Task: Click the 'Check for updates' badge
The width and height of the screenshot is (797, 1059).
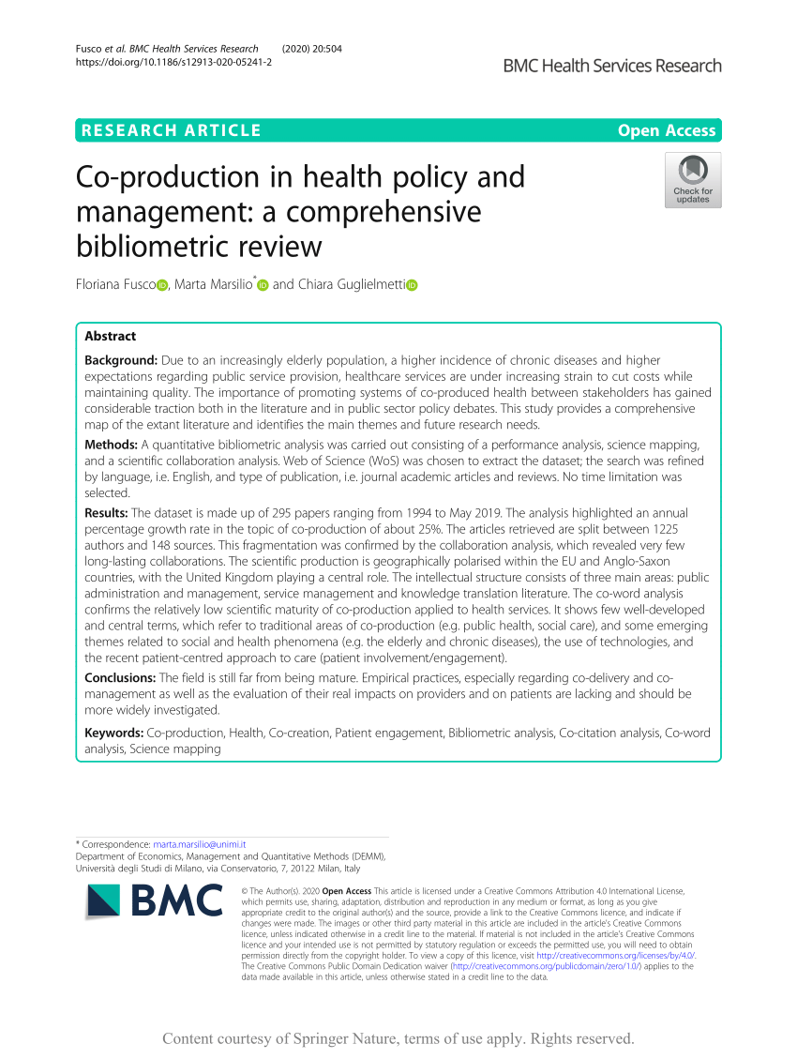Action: pos(693,180)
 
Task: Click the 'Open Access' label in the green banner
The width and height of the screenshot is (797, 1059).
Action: pos(667,130)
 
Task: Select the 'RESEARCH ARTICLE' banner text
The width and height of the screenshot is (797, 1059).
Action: pos(171,130)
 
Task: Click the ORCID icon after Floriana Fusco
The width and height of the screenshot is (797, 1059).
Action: pos(162,285)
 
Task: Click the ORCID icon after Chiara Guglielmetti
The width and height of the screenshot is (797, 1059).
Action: pos(411,285)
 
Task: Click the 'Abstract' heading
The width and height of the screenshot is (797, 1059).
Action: pos(110,336)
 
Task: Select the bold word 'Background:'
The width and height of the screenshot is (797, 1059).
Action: pos(121,360)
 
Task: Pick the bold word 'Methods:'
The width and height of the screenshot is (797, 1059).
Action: pos(111,444)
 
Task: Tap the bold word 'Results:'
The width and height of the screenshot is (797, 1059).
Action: pos(106,512)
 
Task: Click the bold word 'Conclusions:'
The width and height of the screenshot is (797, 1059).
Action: pos(120,677)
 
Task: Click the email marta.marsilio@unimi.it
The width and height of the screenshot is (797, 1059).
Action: pos(199,844)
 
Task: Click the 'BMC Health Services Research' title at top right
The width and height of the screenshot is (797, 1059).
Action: pos(612,66)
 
